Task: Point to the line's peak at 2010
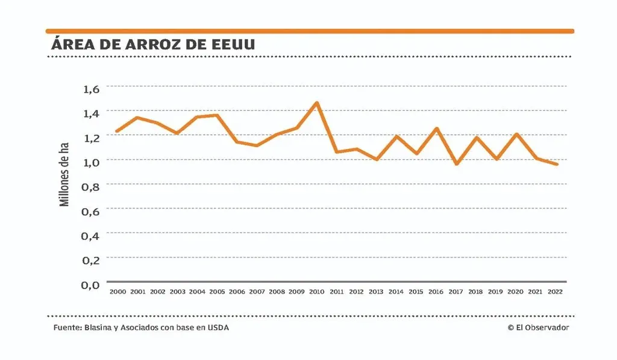tap(317, 103)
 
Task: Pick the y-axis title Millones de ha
tap(65, 175)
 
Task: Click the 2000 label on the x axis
tap(117, 292)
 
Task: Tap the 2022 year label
tap(555, 292)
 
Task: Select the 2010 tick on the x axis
tap(316, 292)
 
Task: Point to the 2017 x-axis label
tap(456, 292)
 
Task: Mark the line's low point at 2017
tap(456, 163)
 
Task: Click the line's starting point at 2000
tap(117, 131)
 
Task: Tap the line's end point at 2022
tap(556, 164)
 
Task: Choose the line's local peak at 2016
tap(436, 128)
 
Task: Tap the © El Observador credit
tap(537, 327)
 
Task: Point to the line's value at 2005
tap(217, 115)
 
